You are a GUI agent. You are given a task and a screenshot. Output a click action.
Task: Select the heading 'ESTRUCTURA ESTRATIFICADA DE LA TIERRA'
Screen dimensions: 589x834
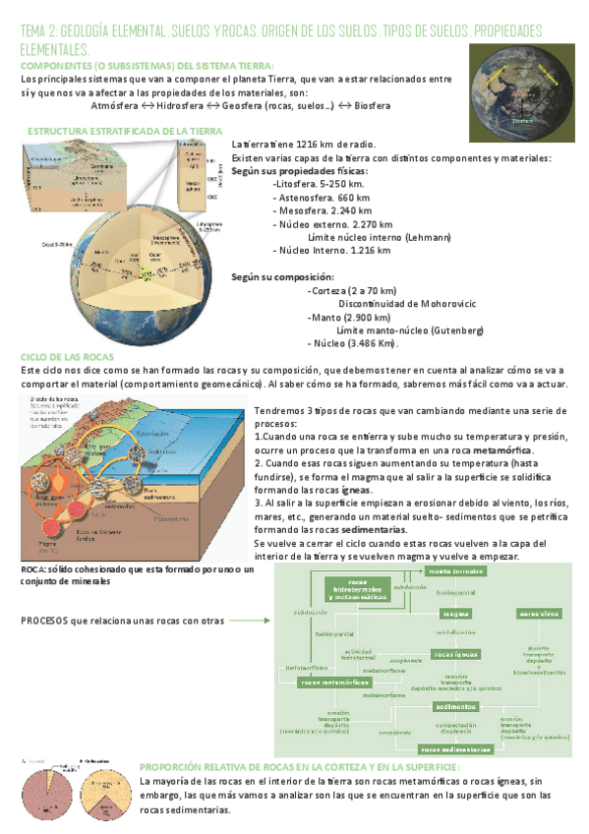pos(124,131)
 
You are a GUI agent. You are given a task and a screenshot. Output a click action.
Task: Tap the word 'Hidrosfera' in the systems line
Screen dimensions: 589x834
pos(187,105)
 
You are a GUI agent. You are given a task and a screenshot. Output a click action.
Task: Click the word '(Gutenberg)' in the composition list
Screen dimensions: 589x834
pos(457,330)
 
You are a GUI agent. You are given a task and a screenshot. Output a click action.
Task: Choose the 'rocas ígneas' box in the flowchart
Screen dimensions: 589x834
pos(456,654)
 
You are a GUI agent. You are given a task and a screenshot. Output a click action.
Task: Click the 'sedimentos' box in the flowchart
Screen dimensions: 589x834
pos(456,706)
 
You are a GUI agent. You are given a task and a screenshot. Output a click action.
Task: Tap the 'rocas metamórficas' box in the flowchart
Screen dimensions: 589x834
pos(334,682)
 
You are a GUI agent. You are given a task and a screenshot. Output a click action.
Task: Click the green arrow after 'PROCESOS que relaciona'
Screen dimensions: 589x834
pos(255,621)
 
